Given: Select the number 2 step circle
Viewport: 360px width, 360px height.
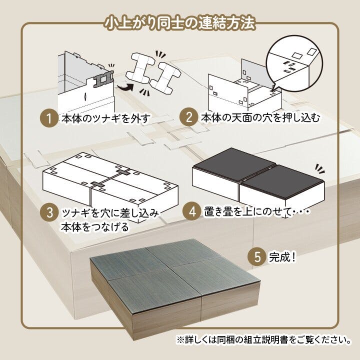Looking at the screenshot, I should (x=188, y=118).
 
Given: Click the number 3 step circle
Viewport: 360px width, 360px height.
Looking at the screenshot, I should (x=49, y=211).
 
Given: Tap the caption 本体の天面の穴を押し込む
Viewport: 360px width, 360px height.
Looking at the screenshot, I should (x=259, y=118).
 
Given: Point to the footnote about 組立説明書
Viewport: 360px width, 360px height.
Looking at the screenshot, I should (x=263, y=339).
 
